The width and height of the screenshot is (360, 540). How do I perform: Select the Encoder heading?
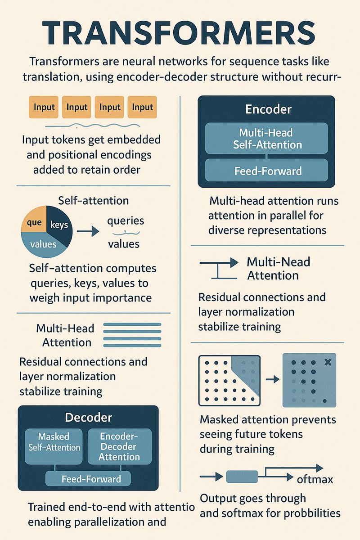pos(268,109)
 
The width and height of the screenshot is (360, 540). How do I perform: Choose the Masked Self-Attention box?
pos(54,442)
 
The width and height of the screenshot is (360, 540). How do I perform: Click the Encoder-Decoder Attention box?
pos(119,446)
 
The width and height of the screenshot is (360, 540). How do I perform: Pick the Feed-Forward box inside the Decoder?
pos(88,479)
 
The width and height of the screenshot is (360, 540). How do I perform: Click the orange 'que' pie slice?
pos(34,221)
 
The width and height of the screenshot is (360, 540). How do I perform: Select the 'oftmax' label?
pos(315,479)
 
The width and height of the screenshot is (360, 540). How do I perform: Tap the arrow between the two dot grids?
pos(272,380)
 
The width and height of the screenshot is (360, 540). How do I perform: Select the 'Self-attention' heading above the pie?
pos(94,200)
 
